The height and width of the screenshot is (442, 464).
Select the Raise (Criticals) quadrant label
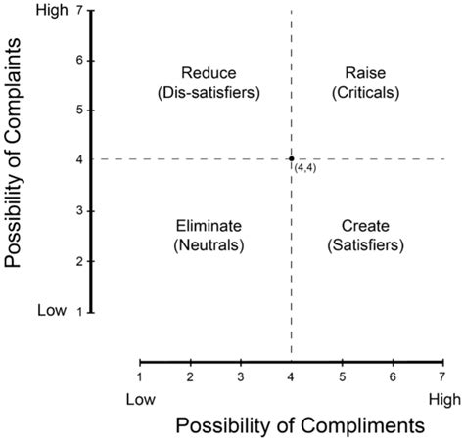click(x=366, y=82)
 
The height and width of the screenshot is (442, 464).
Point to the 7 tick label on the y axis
click(x=77, y=10)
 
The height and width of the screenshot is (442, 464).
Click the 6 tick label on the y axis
click(x=77, y=60)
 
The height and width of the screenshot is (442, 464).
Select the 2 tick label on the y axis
click(x=77, y=261)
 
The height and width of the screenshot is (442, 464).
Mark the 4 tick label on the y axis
click(x=77, y=160)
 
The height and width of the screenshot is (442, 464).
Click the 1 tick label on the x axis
click(x=140, y=376)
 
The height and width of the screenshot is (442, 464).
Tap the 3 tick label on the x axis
click(x=241, y=376)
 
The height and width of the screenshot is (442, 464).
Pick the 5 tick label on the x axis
click(x=342, y=376)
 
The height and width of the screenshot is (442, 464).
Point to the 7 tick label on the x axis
click(x=442, y=376)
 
